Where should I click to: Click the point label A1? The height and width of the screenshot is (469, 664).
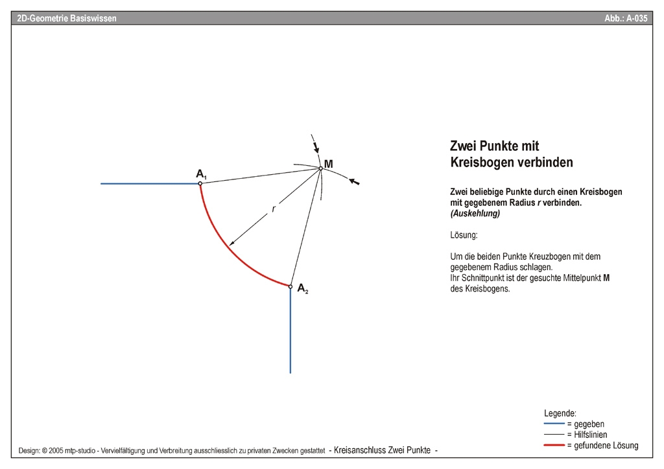pos(201,174)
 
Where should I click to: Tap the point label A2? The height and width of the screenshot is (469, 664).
pos(303,290)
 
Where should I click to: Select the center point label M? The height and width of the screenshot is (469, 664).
pos(329,164)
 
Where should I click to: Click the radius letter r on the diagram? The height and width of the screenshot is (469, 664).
pos(274,209)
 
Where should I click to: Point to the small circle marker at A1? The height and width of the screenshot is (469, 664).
pos(200,184)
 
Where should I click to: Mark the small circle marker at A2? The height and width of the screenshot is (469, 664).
pos(290,286)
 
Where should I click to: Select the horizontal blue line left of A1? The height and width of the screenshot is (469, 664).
pos(149,184)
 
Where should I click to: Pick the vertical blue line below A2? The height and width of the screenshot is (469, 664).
pos(290,330)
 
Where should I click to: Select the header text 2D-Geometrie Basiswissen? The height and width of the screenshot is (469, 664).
pos(67,19)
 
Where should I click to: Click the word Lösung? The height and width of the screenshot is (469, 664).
pos(464,234)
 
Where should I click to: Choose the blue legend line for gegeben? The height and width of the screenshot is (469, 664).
pos(554,424)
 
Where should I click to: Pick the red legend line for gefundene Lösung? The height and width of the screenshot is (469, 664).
pos(554,446)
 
